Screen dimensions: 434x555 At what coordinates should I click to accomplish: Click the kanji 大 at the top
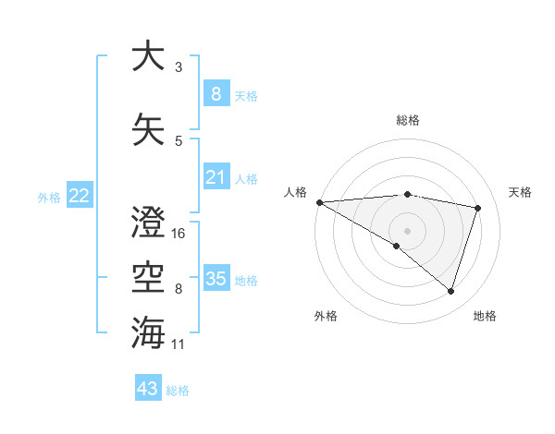tap(148, 56)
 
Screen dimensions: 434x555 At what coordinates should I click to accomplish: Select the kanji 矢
tap(148, 128)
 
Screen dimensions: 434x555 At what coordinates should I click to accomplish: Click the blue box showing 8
tap(216, 93)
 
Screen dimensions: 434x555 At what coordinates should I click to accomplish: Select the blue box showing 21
tap(216, 176)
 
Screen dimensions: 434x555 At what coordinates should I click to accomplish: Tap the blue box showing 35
tap(216, 278)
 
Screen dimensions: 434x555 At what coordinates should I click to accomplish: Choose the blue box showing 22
tap(79, 195)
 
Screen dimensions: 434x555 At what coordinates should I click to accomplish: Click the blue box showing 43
tap(148, 389)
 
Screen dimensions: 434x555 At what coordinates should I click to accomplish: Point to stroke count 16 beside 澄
tap(179, 233)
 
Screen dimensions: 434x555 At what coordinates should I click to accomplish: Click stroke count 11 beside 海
tap(179, 344)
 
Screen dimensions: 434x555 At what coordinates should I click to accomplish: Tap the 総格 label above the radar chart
tap(407, 121)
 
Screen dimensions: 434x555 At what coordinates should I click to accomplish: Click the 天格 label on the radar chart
tap(521, 192)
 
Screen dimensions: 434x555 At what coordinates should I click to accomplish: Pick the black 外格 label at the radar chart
tap(326, 316)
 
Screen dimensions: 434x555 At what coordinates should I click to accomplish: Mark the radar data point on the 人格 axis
tap(319, 202)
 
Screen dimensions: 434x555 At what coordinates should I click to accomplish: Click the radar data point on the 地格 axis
tap(450, 291)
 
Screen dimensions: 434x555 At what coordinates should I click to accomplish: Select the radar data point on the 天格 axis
tap(478, 208)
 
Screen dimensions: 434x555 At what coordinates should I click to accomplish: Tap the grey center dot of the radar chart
tap(407, 230)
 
